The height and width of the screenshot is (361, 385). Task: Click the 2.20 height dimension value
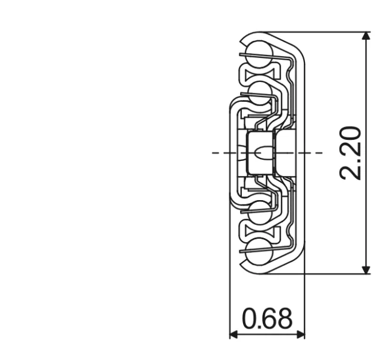coord(351,153)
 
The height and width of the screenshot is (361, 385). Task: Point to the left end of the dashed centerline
coord(214,153)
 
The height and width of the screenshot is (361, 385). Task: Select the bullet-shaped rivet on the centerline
coord(262,153)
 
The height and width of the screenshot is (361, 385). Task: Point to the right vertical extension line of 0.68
coord(304,301)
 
